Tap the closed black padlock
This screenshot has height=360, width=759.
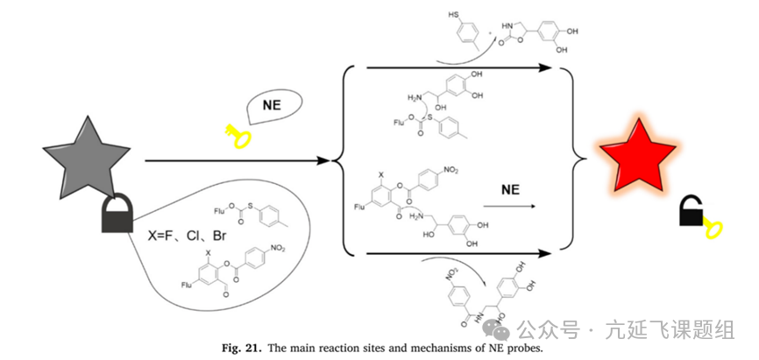point(117,215)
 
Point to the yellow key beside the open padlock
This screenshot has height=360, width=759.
point(712,229)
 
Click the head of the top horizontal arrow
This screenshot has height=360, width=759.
point(551,67)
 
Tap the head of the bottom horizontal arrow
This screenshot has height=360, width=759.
point(551,254)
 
